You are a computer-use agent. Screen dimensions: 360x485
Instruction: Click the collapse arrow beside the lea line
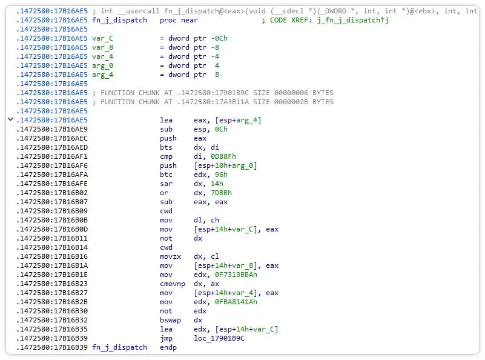pyautogui.click(x=10, y=120)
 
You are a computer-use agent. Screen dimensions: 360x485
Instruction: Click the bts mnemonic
pyautogui.click(x=167, y=147)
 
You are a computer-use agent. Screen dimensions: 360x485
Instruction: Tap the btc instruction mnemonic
pyautogui.click(x=167, y=175)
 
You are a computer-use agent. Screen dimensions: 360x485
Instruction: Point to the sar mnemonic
pyautogui.click(x=167, y=184)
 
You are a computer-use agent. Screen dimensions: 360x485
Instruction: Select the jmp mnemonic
pyautogui.click(x=167, y=338)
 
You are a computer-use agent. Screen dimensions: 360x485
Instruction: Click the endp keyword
pyautogui.click(x=169, y=347)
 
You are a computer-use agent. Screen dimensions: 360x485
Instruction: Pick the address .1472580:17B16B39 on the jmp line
pyautogui.click(x=52, y=338)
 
